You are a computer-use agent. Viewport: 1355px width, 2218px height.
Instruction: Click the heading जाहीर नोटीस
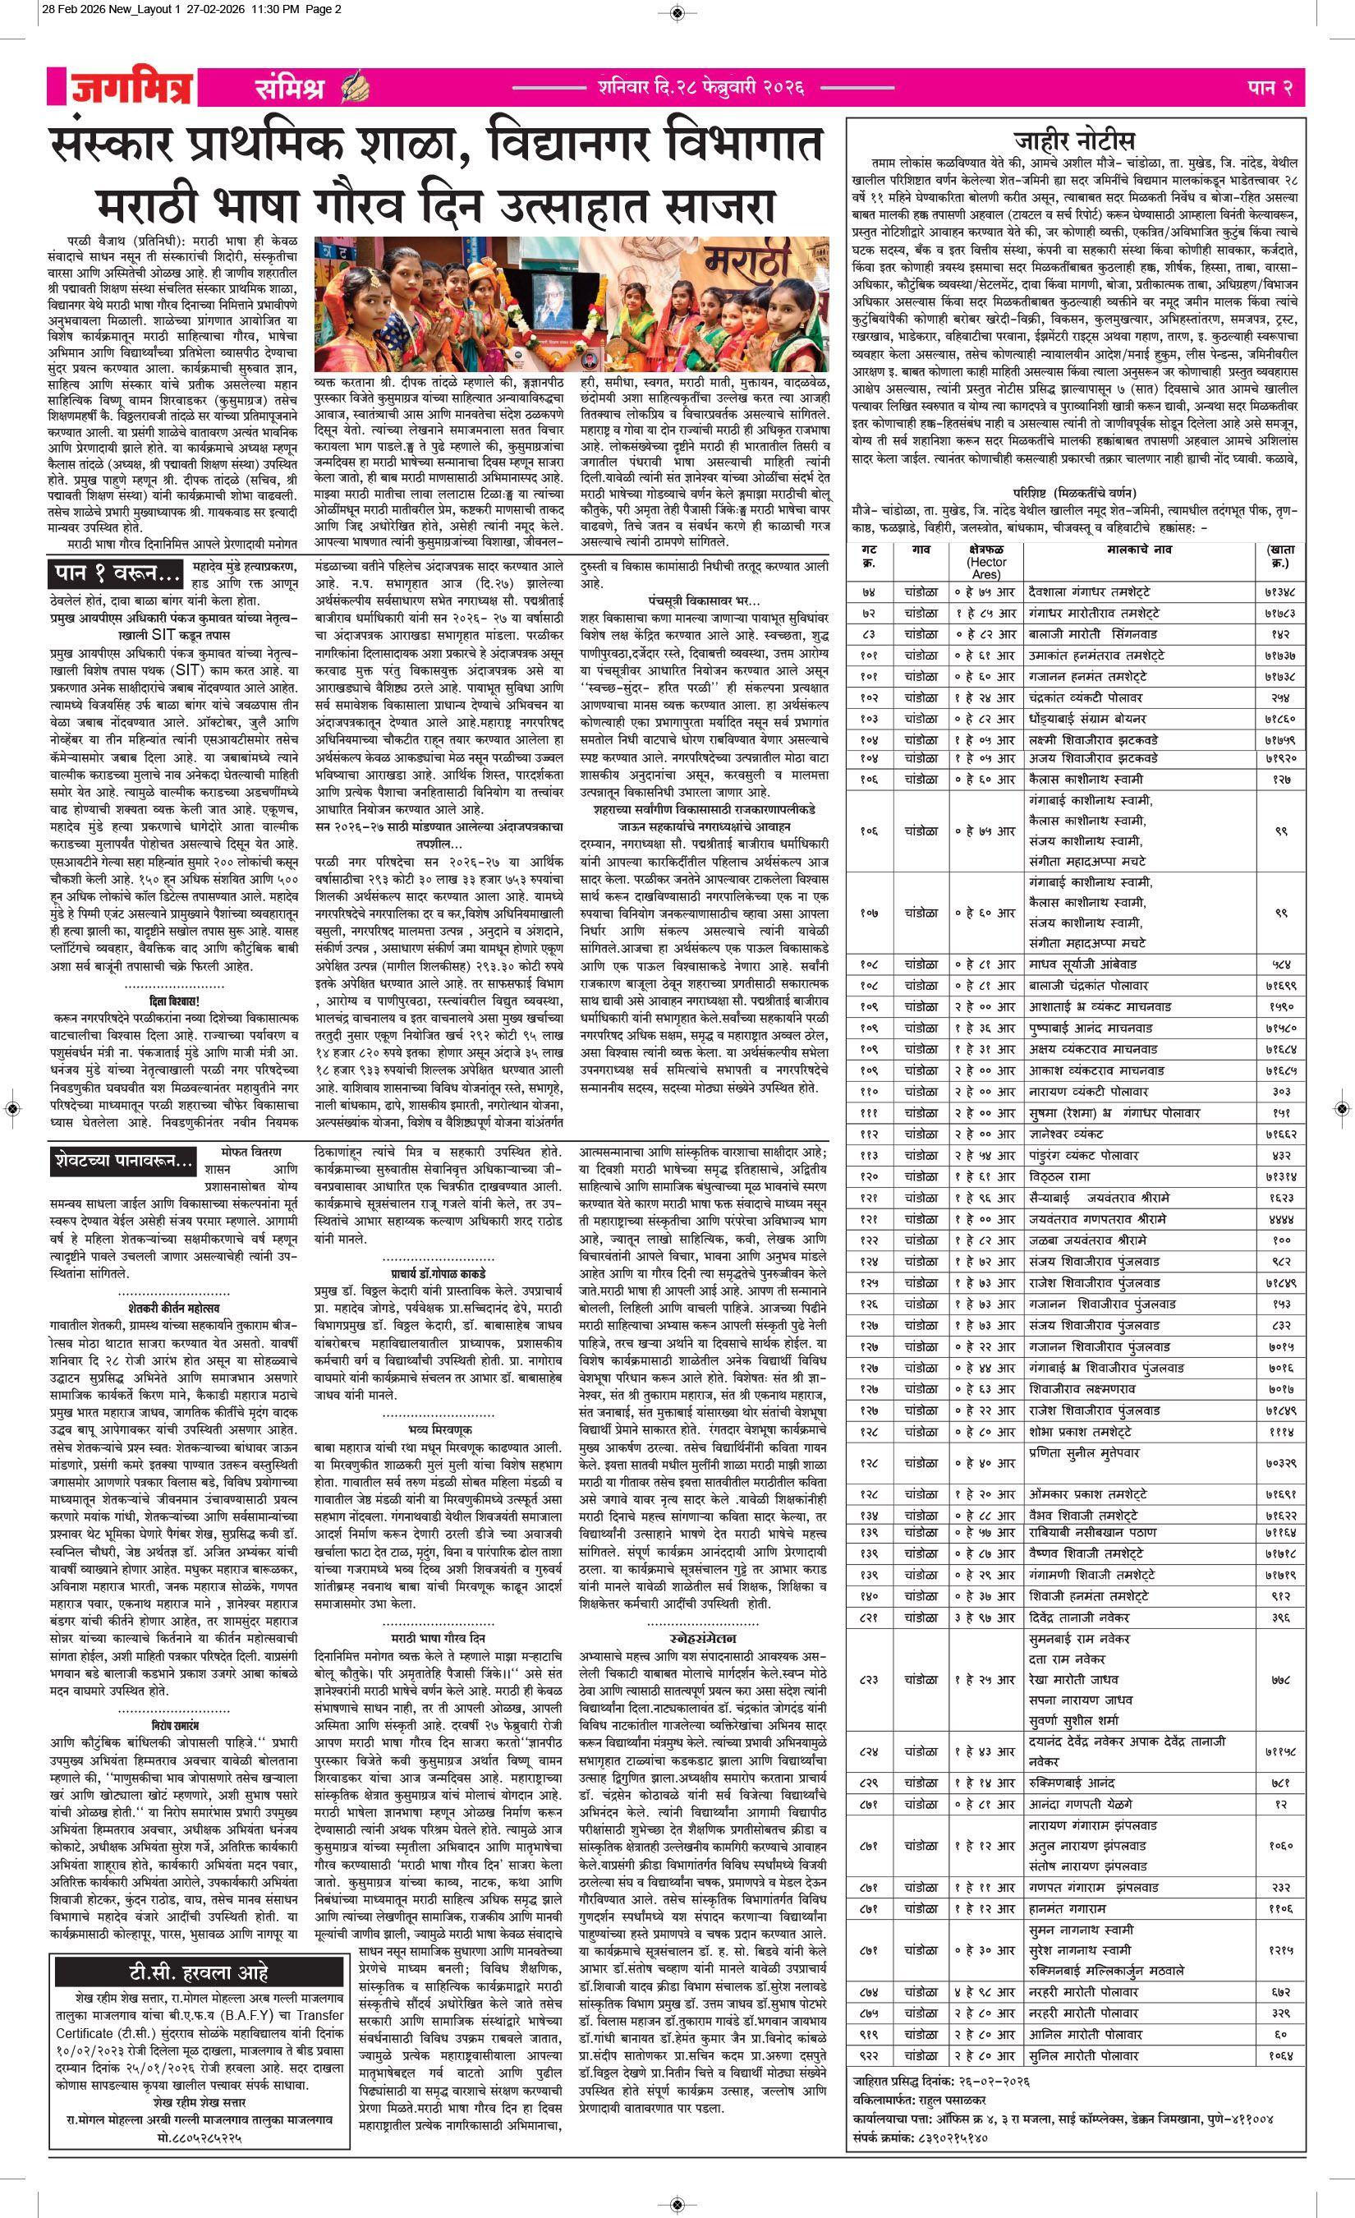(1074, 140)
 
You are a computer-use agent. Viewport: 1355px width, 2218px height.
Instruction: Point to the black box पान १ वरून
(116, 573)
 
